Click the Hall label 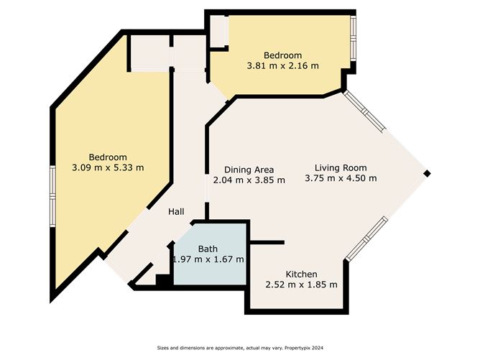(176, 211)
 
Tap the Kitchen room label (301, 274)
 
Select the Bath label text (208, 249)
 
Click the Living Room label (341, 167)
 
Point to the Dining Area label (249, 170)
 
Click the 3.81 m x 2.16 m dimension (282, 66)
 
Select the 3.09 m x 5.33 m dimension (108, 167)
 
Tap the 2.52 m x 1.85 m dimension (301, 285)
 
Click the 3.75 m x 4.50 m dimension (341, 178)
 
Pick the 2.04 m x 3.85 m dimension (249, 180)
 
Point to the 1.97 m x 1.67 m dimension (208, 259)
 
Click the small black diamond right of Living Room (427, 174)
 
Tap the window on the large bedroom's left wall (52, 196)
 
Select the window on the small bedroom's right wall (354, 38)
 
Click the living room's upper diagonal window (364, 111)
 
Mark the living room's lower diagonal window (366, 239)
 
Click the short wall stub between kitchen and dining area (267, 242)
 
